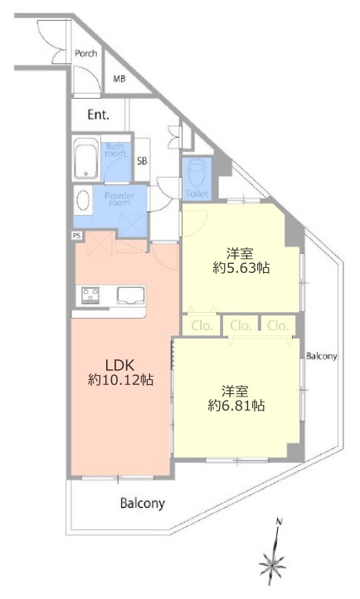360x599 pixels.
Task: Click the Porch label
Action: tap(86, 53)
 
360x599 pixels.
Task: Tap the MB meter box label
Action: tap(119, 79)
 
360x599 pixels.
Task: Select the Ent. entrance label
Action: tap(99, 114)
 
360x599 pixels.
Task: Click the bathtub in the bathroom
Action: tap(86, 158)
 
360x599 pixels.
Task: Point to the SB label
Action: tap(142, 161)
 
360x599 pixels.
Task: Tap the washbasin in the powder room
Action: tap(83, 200)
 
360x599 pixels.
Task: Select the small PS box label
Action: tap(77, 236)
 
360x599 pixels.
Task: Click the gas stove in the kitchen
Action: tap(91, 295)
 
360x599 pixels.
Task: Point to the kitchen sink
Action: tap(130, 295)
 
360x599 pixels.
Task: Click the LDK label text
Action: tap(120, 366)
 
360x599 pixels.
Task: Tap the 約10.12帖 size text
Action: tap(120, 380)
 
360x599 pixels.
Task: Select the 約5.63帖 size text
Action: tap(241, 268)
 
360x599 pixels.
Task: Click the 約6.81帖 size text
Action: tap(236, 406)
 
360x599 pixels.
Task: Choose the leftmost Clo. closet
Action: tap(202, 325)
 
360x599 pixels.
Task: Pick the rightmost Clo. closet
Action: tap(278, 325)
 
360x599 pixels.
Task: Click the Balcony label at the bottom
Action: tap(143, 503)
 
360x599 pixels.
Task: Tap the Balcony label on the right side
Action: tap(322, 357)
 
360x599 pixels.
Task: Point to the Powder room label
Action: tap(119, 199)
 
